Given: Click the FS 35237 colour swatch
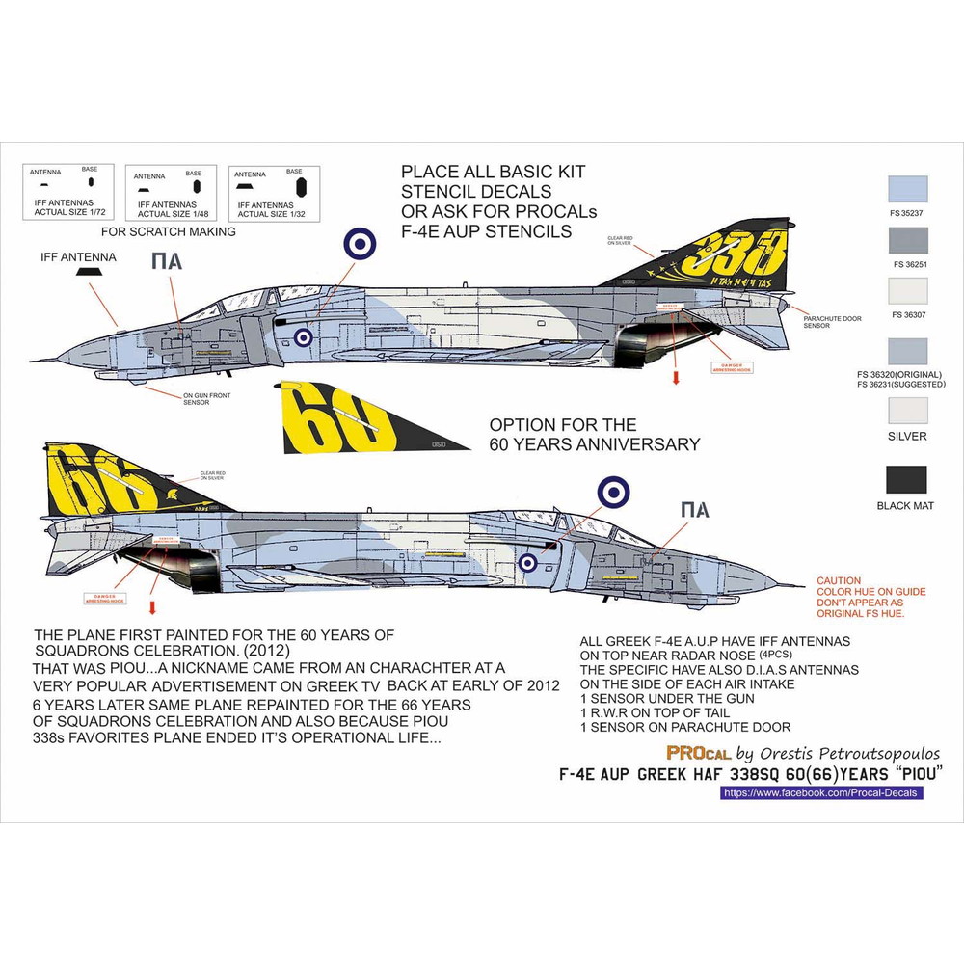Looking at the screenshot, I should tap(906, 188).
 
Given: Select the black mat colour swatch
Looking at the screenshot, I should tap(906, 479).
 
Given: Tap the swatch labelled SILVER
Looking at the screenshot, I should tap(906, 411).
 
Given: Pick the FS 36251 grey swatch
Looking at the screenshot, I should tap(906, 240).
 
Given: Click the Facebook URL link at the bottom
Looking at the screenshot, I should tap(821, 792).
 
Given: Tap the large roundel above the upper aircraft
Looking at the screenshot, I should tap(357, 244).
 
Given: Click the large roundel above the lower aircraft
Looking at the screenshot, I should tap(614, 493).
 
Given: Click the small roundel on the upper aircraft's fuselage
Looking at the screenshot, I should tap(303, 336).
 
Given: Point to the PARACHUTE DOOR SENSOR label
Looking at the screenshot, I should tap(833, 322).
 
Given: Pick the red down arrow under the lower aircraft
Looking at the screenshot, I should tap(152, 607).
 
